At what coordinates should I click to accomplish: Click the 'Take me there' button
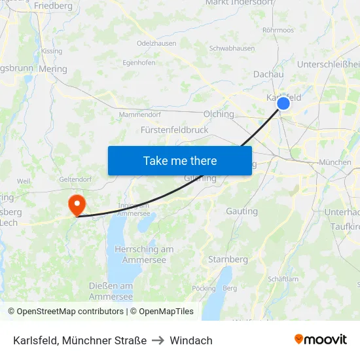[180, 161]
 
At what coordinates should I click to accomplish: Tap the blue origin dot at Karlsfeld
[283, 103]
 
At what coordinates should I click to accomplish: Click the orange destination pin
[77, 204]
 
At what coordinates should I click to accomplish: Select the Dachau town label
[268, 75]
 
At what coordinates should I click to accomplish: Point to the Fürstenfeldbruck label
[175, 130]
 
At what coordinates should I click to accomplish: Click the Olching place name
[219, 114]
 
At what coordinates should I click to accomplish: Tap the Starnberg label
[228, 259]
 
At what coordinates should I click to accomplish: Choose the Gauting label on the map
[242, 211]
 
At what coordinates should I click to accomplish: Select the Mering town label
[53, 69]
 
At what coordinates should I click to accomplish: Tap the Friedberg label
[53, 6]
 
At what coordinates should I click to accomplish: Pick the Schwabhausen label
[232, 48]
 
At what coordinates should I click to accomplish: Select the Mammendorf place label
[139, 115]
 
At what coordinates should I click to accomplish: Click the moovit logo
[321, 339]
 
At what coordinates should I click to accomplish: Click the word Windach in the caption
[191, 340]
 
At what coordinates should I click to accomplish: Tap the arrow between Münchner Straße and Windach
[158, 340]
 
